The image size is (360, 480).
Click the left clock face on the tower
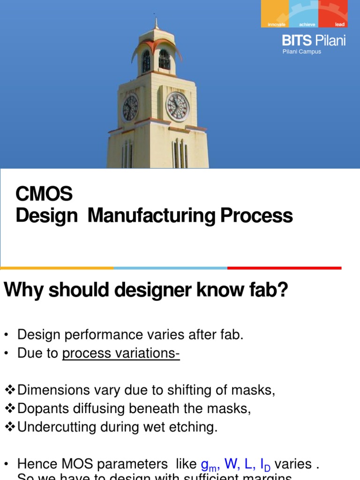click(x=130, y=107)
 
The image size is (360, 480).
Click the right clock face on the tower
click(x=178, y=106)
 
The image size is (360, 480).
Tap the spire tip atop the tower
click(x=157, y=21)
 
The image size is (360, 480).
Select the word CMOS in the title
click(x=44, y=193)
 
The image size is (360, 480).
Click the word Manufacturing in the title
click(x=151, y=216)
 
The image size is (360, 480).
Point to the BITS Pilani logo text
click(x=314, y=41)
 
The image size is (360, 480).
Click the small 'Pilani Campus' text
click(x=302, y=52)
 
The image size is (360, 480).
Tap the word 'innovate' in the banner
click(x=276, y=24)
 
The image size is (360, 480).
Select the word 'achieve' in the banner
click(x=307, y=24)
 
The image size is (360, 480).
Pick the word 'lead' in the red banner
click(x=339, y=24)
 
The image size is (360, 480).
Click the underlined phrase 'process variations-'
click(x=121, y=353)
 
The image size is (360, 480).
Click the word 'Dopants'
click(x=41, y=408)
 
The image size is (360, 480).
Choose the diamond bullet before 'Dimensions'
click(x=10, y=390)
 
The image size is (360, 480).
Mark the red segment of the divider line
click(x=284, y=268)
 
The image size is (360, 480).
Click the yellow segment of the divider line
click(x=57, y=268)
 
